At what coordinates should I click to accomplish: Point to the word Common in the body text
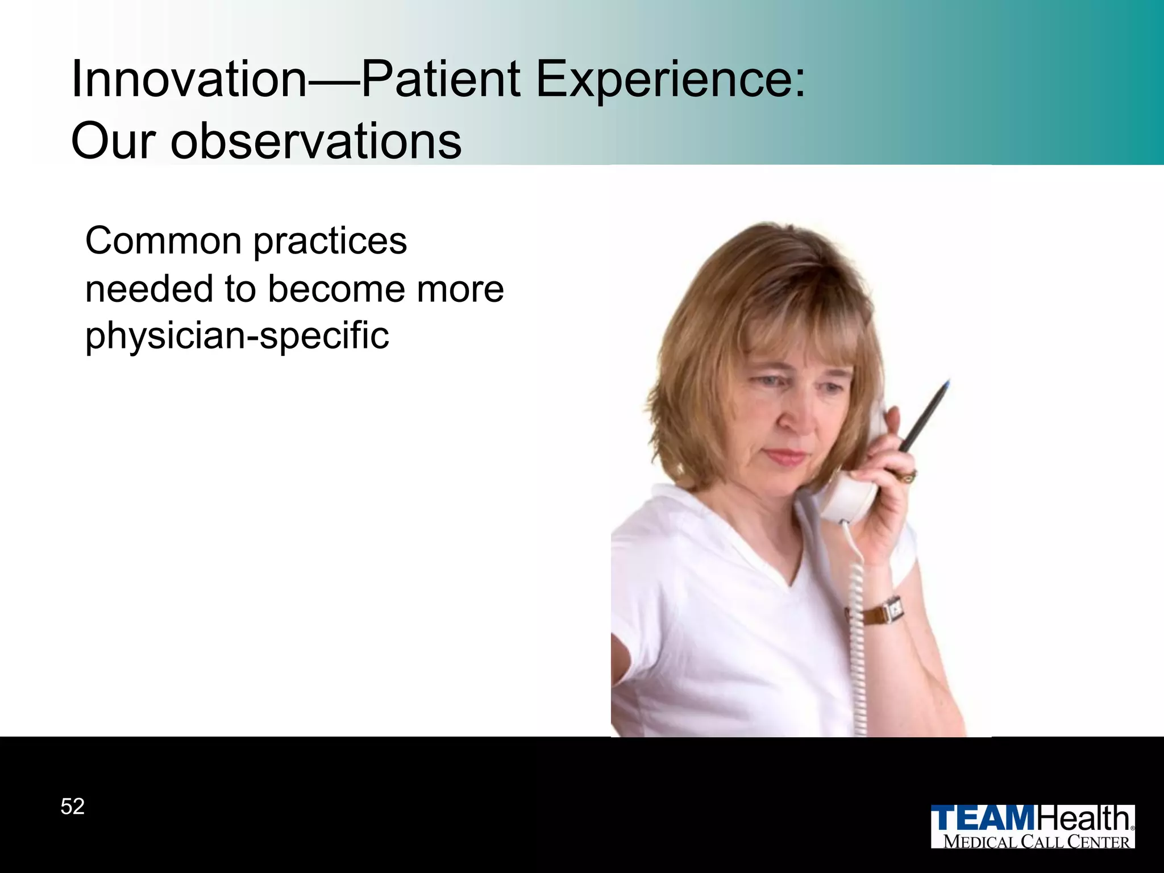coord(163,242)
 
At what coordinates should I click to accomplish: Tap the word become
coord(337,289)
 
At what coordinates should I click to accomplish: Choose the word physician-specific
coord(237,336)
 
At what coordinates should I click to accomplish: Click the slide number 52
coord(73,807)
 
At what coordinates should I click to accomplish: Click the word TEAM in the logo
coord(984,818)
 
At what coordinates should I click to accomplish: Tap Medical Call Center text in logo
coord(1036,842)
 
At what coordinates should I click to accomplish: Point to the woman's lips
coord(786,456)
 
